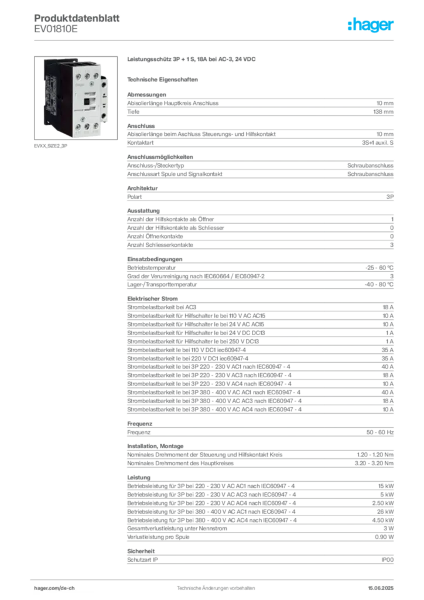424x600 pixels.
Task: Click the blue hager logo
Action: pos(371,25)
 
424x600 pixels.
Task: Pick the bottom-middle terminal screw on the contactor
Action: pos(86,125)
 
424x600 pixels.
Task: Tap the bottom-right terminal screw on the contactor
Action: pos(96,125)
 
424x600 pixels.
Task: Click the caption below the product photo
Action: pos(52,146)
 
